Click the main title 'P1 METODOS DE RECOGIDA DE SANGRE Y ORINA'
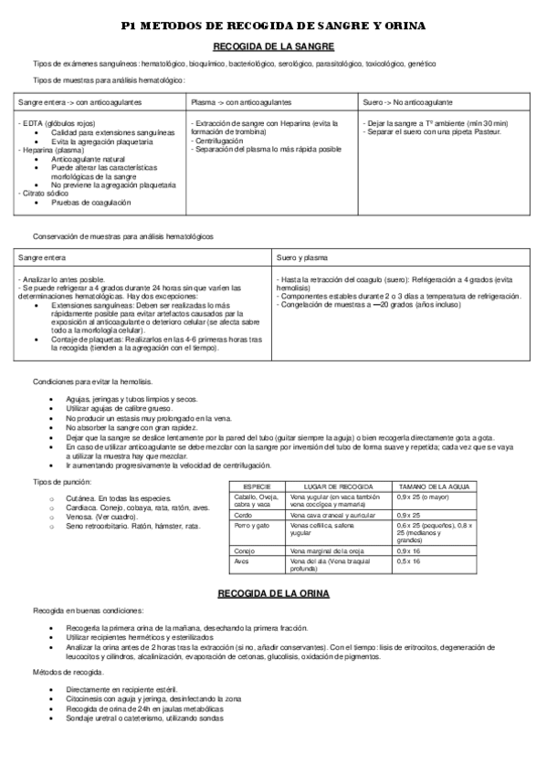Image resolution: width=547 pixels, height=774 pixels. click(x=273, y=28)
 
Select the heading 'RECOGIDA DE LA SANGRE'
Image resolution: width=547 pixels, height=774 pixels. click(x=273, y=46)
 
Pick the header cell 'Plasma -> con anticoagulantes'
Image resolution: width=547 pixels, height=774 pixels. click(x=242, y=102)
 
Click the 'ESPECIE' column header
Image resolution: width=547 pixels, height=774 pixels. click(x=256, y=486)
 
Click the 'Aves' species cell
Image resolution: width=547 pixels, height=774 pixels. click(x=242, y=561)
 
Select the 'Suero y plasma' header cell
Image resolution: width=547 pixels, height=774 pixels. click(x=301, y=258)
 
